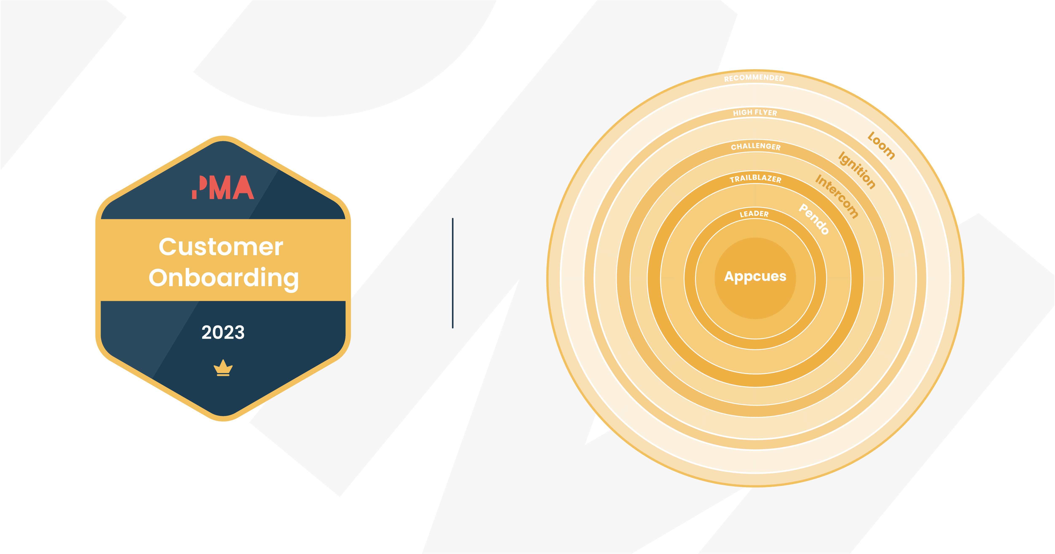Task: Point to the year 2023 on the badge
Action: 223,332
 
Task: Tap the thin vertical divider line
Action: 453,273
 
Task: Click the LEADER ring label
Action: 754,214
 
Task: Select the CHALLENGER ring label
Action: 756,146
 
